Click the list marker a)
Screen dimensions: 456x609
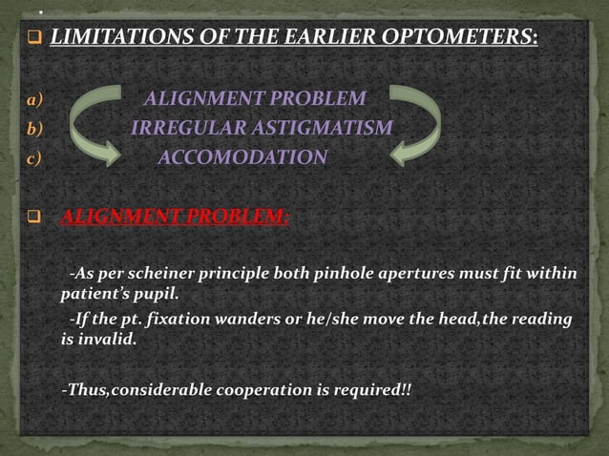pyautogui.click(x=35, y=98)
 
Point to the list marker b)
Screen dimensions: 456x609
pyautogui.click(x=35, y=128)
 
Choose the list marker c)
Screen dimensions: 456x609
pyautogui.click(x=34, y=157)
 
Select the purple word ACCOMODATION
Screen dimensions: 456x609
pyautogui.click(x=241, y=157)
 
